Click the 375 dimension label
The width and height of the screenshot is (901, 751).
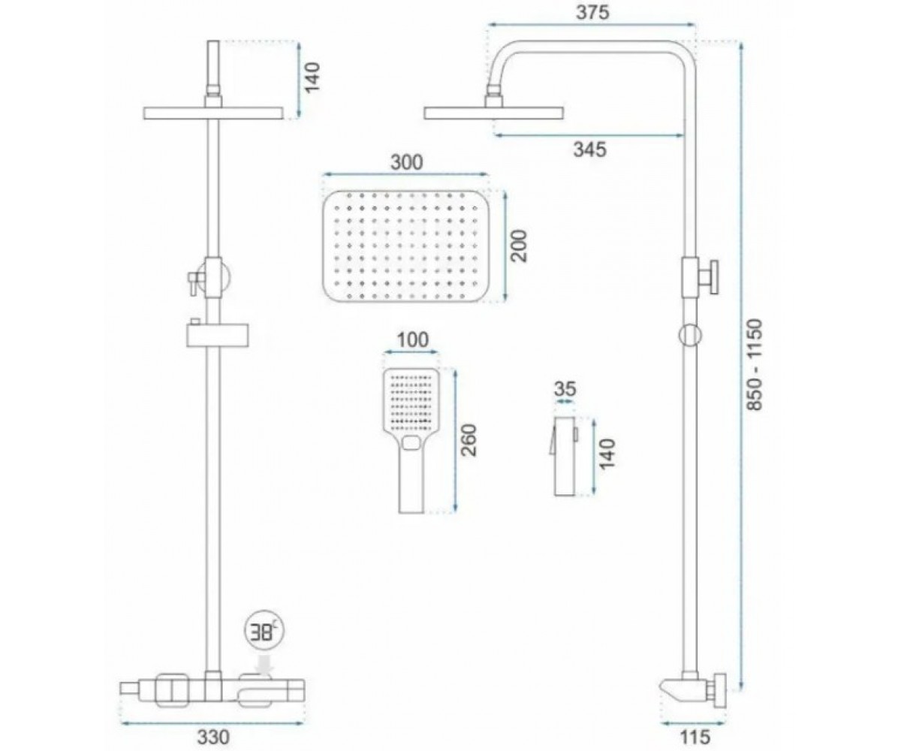point(592,13)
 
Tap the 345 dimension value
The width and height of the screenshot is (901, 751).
point(590,149)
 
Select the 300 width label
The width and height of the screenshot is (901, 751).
point(406,162)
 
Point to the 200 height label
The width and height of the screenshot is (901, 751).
point(518,246)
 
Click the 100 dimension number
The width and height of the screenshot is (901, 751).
point(412,339)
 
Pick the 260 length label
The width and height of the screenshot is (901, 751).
point(468,440)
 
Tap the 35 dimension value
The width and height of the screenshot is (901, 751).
point(565,389)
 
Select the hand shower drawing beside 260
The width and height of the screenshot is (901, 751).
point(411,441)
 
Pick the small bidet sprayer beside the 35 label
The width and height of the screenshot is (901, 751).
point(563,456)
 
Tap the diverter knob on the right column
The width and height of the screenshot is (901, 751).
point(708,277)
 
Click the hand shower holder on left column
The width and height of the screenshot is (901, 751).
point(217,333)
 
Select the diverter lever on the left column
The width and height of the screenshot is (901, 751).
point(195,282)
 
